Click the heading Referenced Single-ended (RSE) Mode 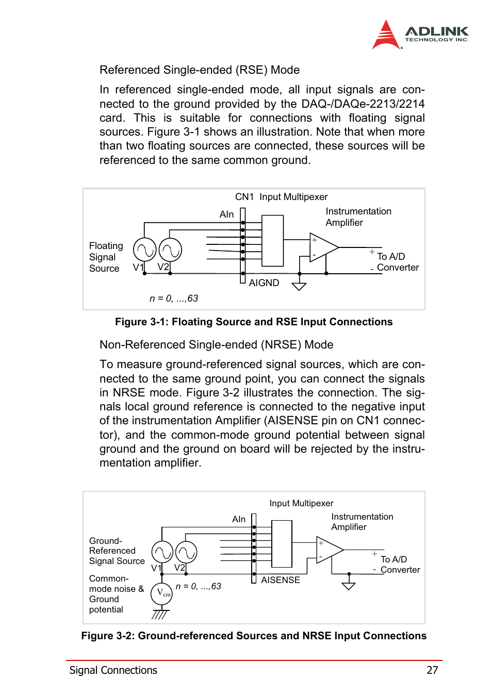[x=199, y=70]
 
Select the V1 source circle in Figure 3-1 [x=144, y=250]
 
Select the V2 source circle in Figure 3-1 [x=170, y=250]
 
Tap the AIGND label [x=264, y=283]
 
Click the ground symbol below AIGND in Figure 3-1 [x=299, y=286]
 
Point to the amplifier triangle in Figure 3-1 [x=322, y=247]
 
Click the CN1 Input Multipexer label [x=281, y=197]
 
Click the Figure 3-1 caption [x=253, y=322]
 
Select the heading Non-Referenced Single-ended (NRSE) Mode [x=216, y=345]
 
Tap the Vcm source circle [x=162, y=593]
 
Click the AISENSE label [x=280, y=580]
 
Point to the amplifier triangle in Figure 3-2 [x=328, y=550]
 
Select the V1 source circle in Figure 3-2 [x=162, y=553]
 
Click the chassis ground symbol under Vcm [x=160, y=614]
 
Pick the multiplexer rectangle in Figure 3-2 [x=282, y=544]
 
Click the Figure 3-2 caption [x=253, y=636]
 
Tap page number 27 [x=432, y=670]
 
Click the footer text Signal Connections [x=113, y=670]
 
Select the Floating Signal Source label [x=106, y=257]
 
